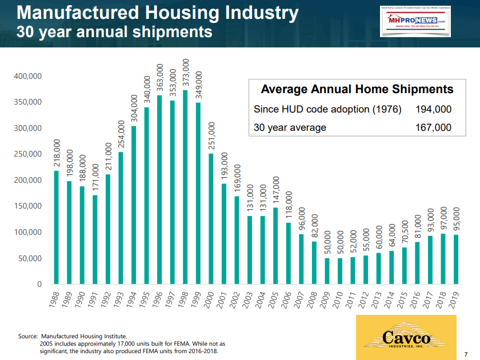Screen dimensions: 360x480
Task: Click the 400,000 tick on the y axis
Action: click(28, 77)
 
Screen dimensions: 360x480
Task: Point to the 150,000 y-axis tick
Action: click(28, 206)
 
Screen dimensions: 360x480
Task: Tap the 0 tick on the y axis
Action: click(39, 284)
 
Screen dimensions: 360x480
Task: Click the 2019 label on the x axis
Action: click(453, 299)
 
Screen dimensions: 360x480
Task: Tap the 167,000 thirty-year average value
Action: click(434, 127)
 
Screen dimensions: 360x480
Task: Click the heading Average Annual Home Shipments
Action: click(357, 89)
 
